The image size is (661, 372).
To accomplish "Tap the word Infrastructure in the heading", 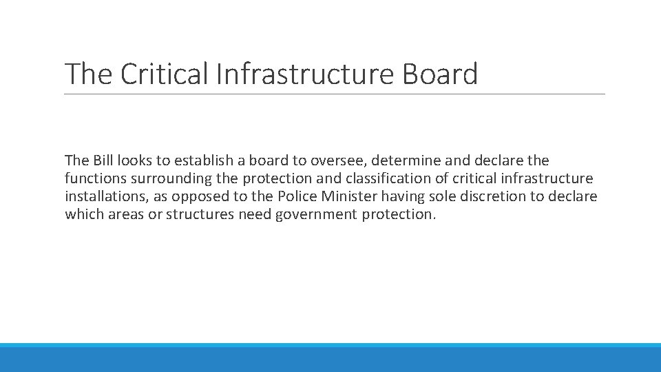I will click(305, 74).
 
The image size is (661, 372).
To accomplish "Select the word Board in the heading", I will click(439, 74).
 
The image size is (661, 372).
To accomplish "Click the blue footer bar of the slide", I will click(330, 358).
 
